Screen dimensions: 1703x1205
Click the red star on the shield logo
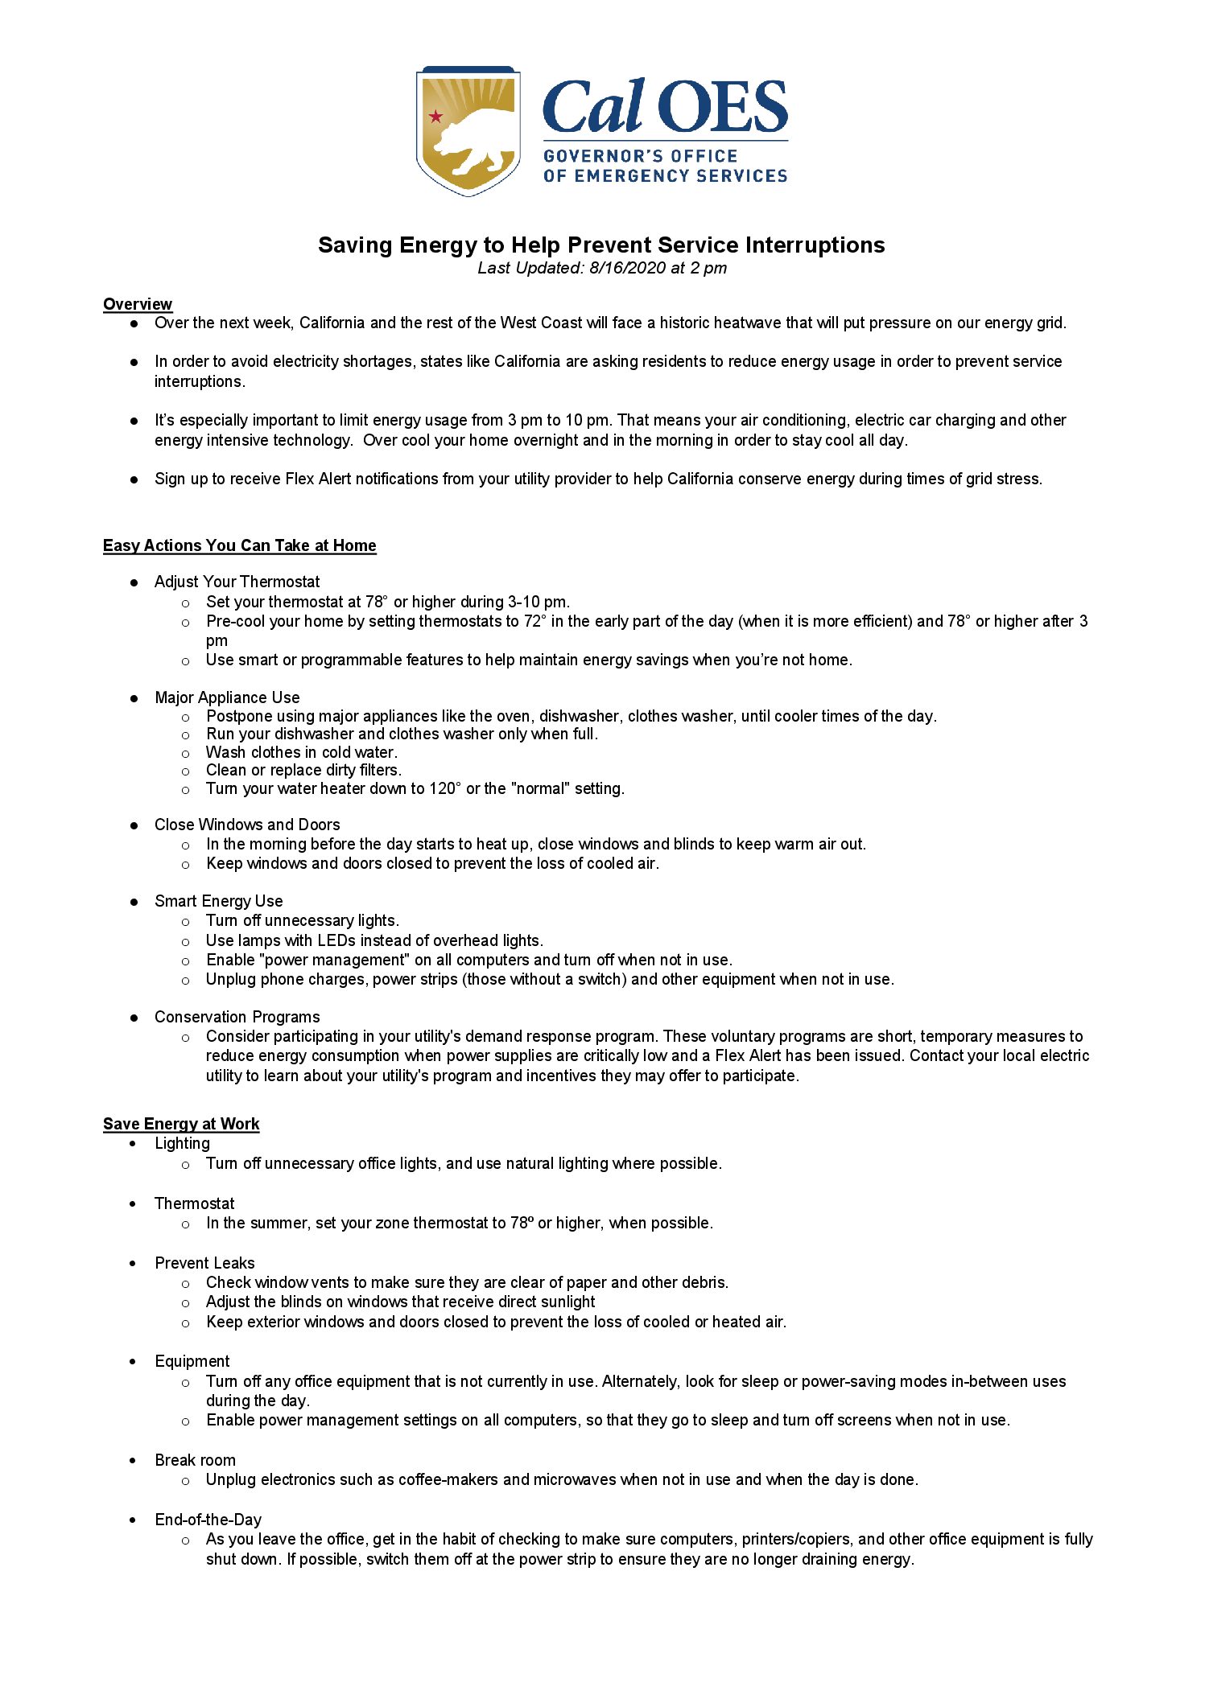pyautogui.click(x=435, y=117)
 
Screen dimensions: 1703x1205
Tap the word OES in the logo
pyautogui.click(x=722, y=107)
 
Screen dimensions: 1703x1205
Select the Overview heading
pyautogui.click(x=138, y=304)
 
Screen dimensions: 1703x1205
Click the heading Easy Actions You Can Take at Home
pyautogui.click(x=239, y=545)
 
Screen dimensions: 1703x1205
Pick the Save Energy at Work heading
pyautogui.click(x=181, y=1124)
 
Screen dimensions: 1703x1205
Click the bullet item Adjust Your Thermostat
pyautogui.click(x=237, y=582)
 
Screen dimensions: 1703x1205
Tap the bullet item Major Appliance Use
pyautogui.click(x=227, y=697)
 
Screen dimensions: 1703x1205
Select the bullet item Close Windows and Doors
pyautogui.click(x=247, y=825)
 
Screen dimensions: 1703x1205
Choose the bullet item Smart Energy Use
pyautogui.click(x=218, y=901)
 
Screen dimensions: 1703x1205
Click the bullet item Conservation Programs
pyautogui.click(x=237, y=1017)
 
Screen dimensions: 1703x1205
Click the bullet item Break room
pyautogui.click(x=195, y=1460)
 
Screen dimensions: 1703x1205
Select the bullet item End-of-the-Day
pyautogui.click(x=208, y=1520)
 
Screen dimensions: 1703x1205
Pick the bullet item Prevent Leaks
pyautogui.click(x=204, y=1263)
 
